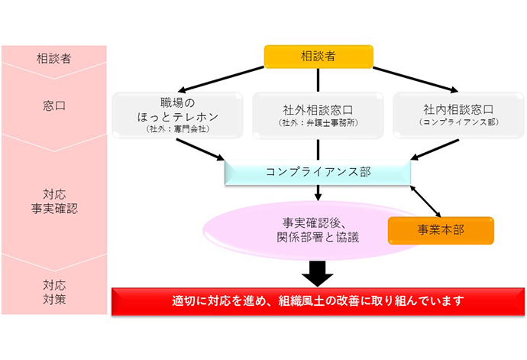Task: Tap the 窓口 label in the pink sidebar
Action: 53,106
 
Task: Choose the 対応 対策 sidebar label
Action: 53,291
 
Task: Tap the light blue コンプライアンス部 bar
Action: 318,172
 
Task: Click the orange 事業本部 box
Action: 441,230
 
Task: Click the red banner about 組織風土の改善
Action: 318,300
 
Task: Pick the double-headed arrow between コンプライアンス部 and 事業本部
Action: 430,200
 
